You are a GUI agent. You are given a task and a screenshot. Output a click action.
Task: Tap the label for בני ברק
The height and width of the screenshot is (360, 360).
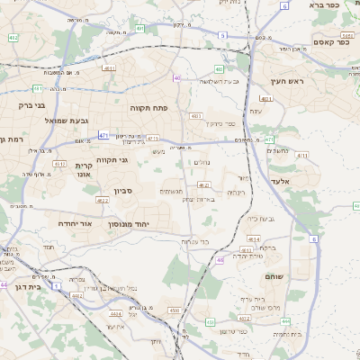pos(31,105)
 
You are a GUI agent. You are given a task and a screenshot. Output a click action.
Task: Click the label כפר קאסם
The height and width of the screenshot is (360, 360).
pos(331,41)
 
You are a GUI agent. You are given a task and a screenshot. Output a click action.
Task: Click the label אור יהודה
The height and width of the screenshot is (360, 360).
pos(74,223)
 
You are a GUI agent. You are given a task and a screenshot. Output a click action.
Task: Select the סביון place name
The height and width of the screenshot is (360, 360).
pos(122,191)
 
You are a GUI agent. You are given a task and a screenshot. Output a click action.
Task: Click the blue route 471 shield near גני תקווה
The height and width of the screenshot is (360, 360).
pos(104,135)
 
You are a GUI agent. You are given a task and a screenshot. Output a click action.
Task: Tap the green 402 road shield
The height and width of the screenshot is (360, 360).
pos(13,38)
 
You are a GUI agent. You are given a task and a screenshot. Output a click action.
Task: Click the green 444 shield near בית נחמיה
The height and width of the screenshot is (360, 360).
pos(285,320)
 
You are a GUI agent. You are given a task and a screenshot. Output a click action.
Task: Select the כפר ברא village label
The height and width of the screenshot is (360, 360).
pos(322,5)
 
